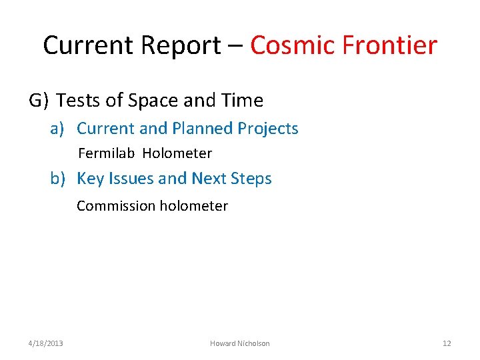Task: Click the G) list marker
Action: (39, 101)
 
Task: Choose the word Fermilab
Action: (107, 153)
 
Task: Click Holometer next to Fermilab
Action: (177, 153)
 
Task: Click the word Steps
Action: (251, 179)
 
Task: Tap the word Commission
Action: (115, 206)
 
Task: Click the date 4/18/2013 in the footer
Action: (46, 343)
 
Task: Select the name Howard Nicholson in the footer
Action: (240, 343)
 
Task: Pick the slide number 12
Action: (447, 343)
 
